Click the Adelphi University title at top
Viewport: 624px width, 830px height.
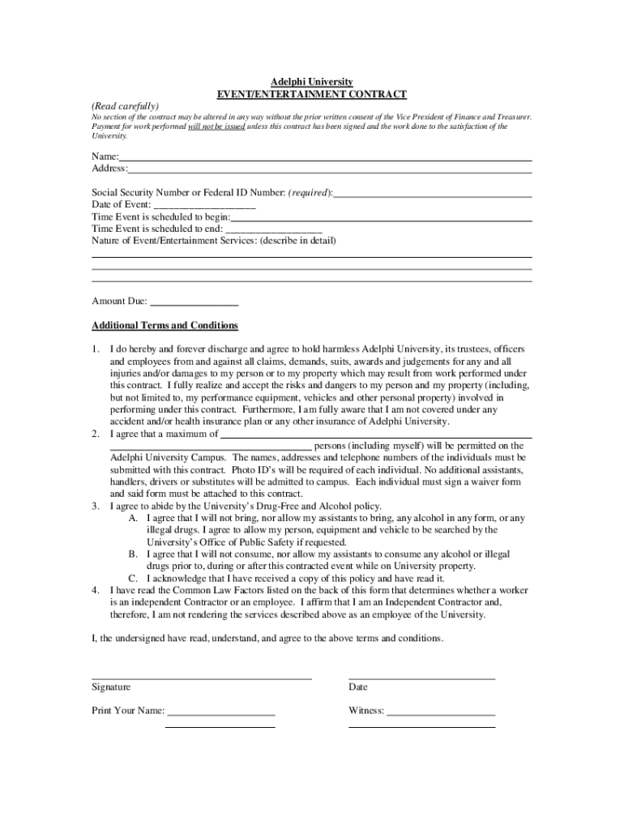pos(311,82)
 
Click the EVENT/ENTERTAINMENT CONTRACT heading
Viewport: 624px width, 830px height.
pos(311,94)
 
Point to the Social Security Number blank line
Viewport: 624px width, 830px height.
pos(433,195)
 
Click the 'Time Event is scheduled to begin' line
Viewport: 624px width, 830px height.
pos(382,219)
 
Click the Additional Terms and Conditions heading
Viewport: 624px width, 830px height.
pos(165,326)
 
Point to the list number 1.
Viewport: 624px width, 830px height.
pos(95,349)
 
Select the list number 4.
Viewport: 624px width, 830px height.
pos(95,591)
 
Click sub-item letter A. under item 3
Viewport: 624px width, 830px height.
pos(132,518)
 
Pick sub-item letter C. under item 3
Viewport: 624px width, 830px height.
pos(132,579)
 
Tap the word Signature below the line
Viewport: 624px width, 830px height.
pos(111,687)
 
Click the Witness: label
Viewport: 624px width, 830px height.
pos(366,712)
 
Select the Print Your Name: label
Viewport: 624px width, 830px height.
pos(128,712)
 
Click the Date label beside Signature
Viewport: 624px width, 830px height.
pos(357,687)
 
